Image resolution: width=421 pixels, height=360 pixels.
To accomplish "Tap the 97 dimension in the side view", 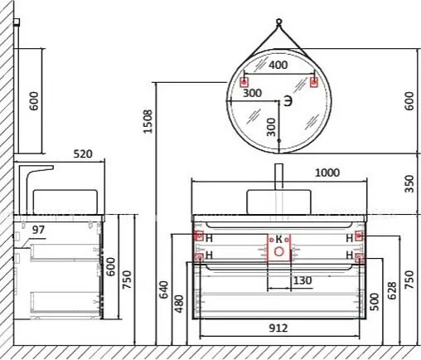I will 36,228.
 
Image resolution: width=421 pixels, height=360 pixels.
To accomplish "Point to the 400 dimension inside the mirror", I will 279,65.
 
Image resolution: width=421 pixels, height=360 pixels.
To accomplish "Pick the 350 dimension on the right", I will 409,183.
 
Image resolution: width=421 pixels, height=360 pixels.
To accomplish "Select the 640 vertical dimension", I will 166,289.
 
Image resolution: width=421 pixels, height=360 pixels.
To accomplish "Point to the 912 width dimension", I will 278,328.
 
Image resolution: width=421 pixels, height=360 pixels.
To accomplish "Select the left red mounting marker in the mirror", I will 244,82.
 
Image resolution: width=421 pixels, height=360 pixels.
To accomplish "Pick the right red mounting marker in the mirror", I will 314,82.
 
